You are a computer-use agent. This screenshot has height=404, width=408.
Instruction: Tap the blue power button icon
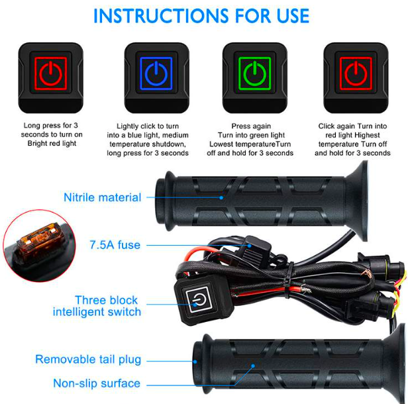(x=156, y=74)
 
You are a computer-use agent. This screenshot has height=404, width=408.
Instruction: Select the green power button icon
(x=255, y=74)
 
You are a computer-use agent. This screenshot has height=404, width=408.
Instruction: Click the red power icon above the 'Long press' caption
(x=51, y=74)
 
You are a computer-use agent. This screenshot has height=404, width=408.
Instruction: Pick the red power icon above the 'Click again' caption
(x=356, y=74)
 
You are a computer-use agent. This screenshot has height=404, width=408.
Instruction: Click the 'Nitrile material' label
(x=103, y=197)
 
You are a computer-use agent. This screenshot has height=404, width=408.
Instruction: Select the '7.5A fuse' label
(x=115, y=245)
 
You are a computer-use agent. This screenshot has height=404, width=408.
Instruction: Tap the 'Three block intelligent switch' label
(x=97, y=306)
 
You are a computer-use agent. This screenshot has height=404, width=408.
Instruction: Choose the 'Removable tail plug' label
(x=88, y=360)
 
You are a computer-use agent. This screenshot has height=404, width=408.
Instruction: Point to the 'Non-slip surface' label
(x=97, y=383)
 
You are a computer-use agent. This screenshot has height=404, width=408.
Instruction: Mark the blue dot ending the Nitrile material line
(x=221, y=198)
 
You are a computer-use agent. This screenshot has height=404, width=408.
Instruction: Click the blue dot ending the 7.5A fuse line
(x=249, y=246)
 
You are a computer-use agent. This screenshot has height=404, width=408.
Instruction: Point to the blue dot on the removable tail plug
(x=195, y=362)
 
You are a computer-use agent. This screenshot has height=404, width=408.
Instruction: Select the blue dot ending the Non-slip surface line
(x=253, y=366)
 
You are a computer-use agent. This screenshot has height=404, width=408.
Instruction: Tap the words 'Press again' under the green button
(x=251, y=126)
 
